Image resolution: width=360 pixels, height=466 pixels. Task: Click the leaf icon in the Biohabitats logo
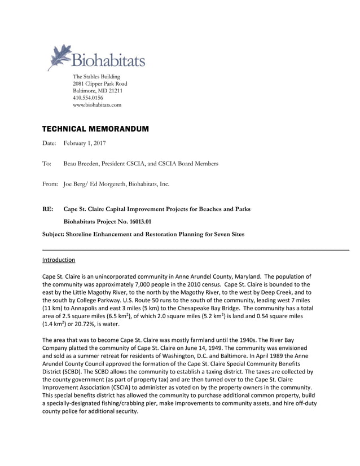[x=59, y=56]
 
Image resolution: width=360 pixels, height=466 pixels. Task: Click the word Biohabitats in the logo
[x=108, y=59]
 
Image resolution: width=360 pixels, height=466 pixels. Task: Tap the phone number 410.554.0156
[x=88, y=98]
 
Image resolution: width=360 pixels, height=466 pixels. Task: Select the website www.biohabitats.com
[x=97, y=105]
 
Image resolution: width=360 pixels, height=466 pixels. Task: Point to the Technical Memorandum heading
[x=95, y=129]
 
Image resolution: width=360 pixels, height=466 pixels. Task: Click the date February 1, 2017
[x=85, y=144]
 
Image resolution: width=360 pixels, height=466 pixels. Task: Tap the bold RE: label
[x=48, y=209]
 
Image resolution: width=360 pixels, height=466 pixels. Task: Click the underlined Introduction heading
[x=59, y=260]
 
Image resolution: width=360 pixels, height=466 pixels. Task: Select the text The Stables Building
[x=96, y=77]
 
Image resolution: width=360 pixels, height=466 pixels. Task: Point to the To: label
[x=47, y=164]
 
